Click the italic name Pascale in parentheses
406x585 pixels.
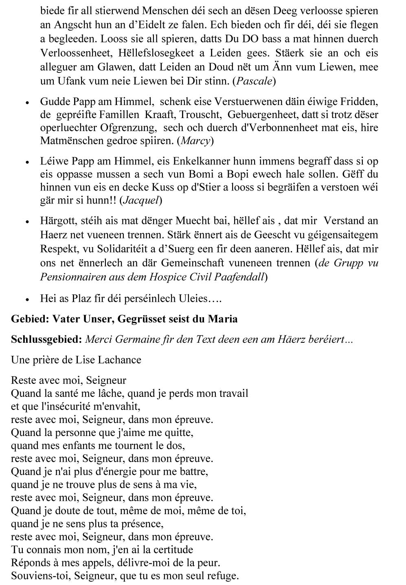[x=254, y=81]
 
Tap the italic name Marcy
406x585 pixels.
[x=195, y=141]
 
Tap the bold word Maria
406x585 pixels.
[x=222, y=319]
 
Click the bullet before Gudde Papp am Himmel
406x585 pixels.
[x=27, y=102]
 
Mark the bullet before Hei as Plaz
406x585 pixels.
[x=27, y=300]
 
